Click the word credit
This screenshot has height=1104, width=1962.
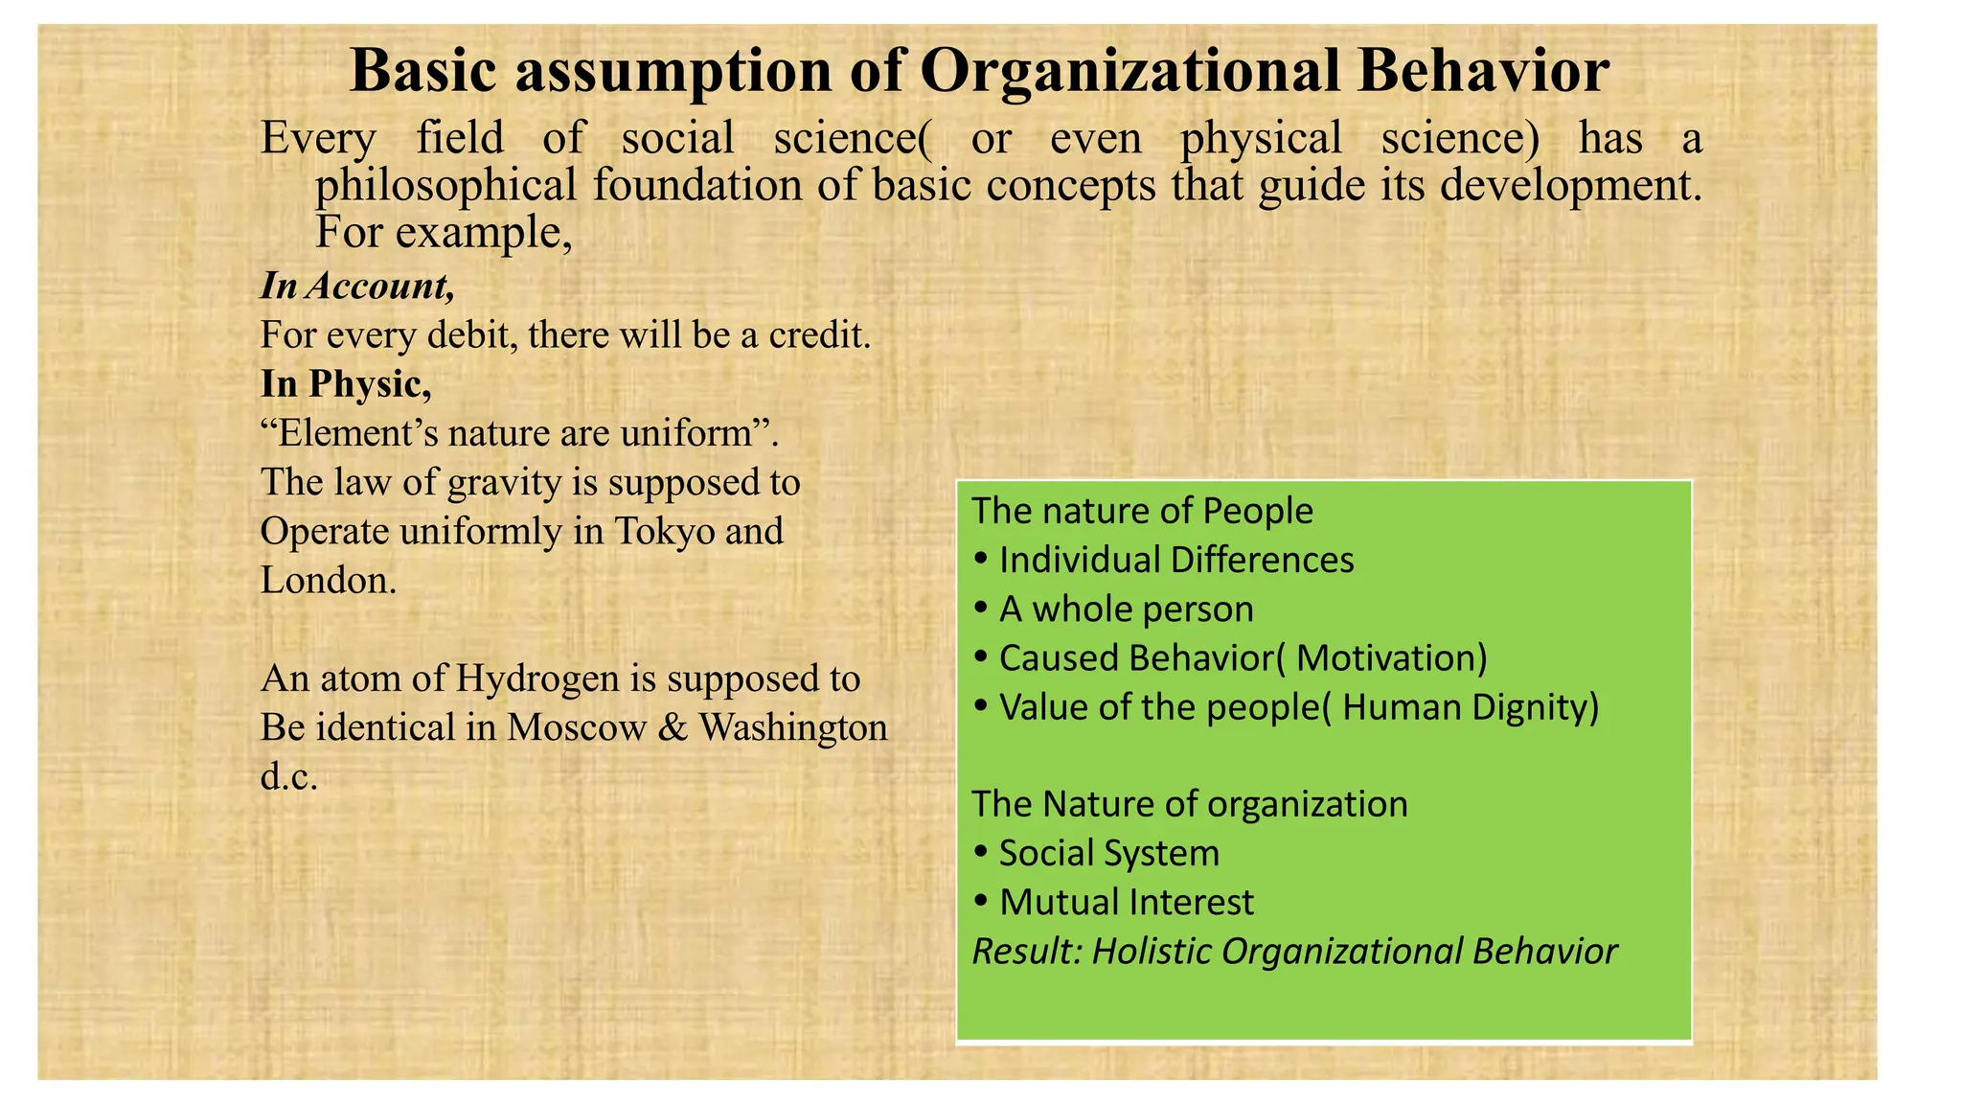click(x=820, y=335)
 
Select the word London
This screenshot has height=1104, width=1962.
click(x=328, y=580)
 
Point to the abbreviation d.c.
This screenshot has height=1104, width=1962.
click(x=288, y=776)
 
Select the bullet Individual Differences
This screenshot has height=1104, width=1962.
click(x=1175, y=560)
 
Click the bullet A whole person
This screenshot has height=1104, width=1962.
click(x=1126, y=609)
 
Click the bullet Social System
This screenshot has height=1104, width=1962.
click(x=1108, y=853)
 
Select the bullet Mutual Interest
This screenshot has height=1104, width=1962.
click(x=1126, y=902)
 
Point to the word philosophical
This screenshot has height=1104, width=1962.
click(x=446, y=185)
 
